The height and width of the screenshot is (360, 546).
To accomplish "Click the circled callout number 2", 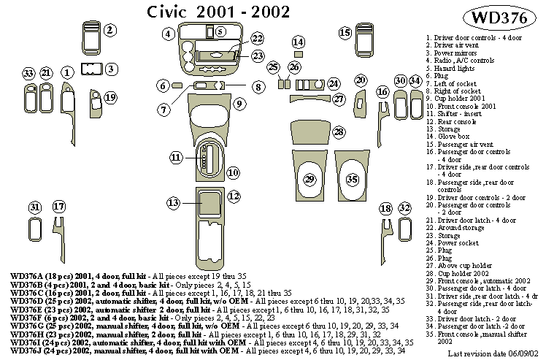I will coord(109,30).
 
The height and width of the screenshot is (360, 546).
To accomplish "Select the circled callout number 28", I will coord(339,132).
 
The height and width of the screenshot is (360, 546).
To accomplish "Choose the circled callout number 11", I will coord(176,157).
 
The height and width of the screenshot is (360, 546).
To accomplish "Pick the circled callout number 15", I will coord(345,32).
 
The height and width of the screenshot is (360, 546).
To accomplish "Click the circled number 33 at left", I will coord(28,73).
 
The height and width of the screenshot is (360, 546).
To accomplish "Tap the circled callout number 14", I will coord(298,42).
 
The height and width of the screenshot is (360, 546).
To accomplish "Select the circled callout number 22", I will coord(257,39).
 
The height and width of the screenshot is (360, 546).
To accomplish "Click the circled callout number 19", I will coord(110,97).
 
